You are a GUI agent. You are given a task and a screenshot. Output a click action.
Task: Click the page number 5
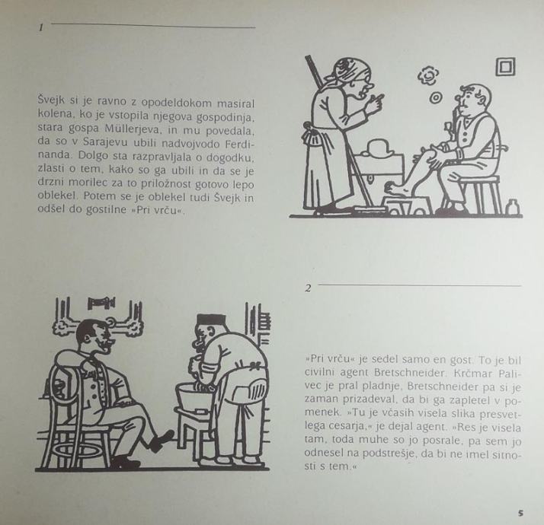(520, 513)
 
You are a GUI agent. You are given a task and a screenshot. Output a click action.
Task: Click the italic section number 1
(41, 27)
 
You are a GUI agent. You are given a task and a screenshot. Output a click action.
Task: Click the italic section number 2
(308, 288)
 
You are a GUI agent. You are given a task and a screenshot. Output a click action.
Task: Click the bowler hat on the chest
(379, 148)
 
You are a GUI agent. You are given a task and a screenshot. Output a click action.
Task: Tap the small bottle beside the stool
(513, 208)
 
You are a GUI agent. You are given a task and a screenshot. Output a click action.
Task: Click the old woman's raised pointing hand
(374, 106)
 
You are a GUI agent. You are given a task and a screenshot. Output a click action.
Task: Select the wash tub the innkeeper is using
(195, 398)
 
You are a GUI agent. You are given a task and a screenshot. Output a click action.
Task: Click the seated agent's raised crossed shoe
(162, 440)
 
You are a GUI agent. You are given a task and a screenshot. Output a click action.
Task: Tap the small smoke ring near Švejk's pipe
(435, 97)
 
